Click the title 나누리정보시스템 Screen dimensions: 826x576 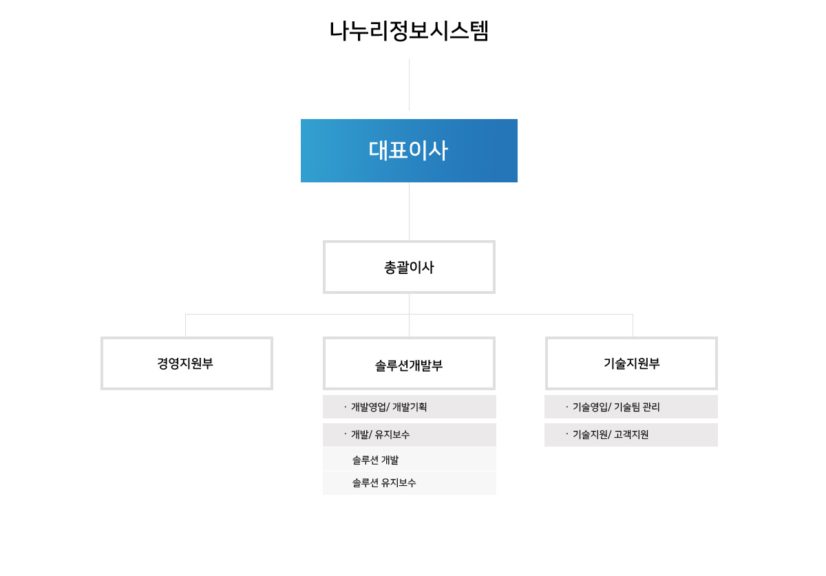pos(409,31)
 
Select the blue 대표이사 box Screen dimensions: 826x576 pos(409,151)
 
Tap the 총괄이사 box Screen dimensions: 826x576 pos(409,267)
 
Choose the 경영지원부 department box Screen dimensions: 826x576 pos(187,363)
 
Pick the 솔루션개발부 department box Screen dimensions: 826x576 pos(409,363)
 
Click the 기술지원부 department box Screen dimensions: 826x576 pos(631,363)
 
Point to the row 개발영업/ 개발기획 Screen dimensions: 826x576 pos(410,407)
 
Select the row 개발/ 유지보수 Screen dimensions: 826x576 pos(410,435)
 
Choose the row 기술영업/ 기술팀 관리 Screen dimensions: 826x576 pos(631,407)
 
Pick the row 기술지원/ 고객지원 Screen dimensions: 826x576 pos(631,435)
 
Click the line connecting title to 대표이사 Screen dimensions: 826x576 pos(409,85)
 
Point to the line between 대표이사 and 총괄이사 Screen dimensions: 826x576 pos(409,211)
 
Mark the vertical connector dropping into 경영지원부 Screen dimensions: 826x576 pos(185,326)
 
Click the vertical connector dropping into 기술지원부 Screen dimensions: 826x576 pos(633,326)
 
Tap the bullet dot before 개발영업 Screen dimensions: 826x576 pos(345,407)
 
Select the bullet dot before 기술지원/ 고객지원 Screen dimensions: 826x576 pos(566,434)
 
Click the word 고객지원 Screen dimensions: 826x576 pos(631,435)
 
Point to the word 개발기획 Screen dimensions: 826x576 pos(410,407)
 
